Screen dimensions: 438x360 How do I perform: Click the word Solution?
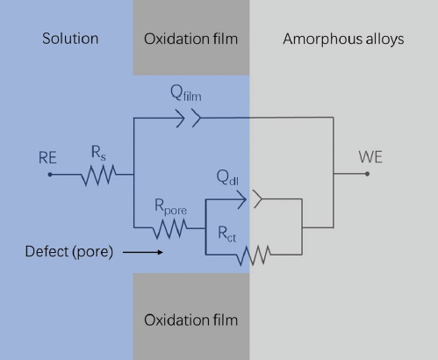70,39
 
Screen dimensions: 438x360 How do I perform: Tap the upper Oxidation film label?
190,39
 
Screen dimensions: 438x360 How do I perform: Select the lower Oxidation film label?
190,320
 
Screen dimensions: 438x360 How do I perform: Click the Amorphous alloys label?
343,39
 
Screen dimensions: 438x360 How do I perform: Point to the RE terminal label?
47,158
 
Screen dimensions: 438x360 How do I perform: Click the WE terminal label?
370,157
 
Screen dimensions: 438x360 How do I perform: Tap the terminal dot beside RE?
50,175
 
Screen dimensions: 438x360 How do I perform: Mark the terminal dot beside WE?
367,174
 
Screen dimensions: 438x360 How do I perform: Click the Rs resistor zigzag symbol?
98,176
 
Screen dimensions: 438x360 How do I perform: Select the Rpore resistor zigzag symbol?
169,228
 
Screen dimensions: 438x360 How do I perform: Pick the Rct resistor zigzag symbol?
254,256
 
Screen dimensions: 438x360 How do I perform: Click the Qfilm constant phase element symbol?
189,118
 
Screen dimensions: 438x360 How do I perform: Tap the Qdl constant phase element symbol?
249,199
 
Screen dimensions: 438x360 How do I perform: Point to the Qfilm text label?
186,93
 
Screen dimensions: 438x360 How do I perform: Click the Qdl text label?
227,177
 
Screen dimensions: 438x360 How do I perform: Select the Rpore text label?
170,207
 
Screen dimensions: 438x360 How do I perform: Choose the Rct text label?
227,234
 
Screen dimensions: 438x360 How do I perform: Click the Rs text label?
98,153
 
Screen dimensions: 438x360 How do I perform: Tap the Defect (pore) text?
69,252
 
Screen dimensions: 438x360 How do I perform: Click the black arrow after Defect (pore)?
143,252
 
